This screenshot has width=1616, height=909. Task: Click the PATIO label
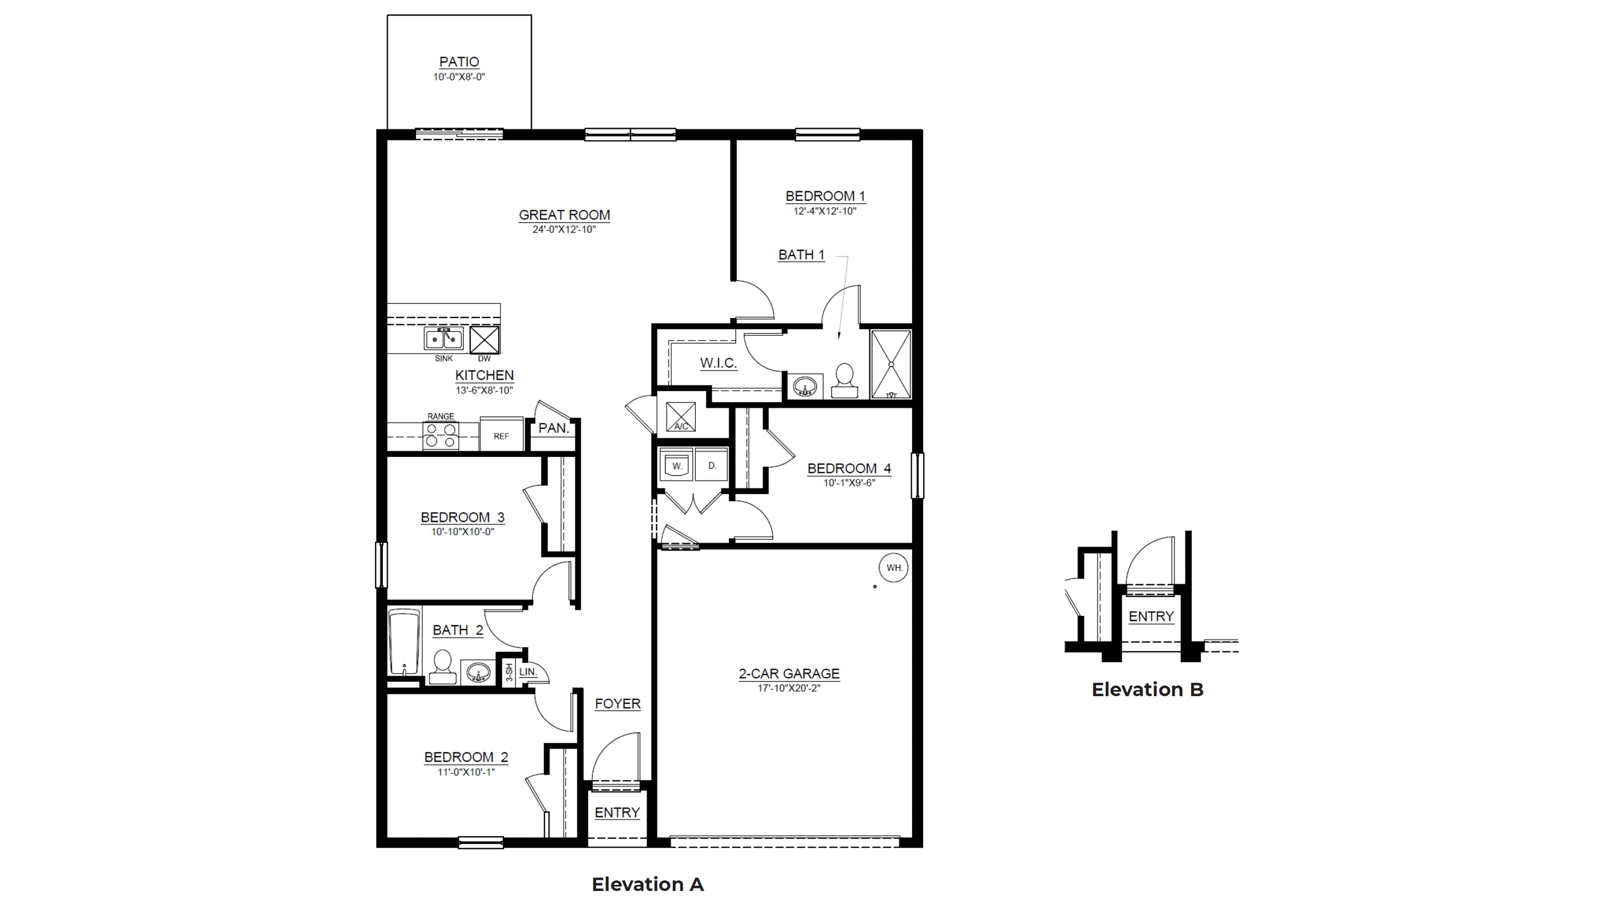click(459, 62)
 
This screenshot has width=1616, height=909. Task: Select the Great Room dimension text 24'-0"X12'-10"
click(564, 230)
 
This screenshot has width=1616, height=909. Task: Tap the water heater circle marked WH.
click(894, 568)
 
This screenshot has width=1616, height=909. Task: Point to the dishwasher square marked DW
click(484, 339)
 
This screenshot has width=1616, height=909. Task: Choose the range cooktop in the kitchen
click(441, 435)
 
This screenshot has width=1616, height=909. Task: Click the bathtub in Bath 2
click(404, 641)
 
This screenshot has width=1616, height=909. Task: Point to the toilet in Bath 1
click(845, 380)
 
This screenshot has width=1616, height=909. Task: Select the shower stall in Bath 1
click(891, 364)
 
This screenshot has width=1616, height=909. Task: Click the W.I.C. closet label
click(718, 363)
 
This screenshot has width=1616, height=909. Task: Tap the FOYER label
click(618, 704)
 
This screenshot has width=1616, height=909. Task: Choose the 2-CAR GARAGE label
click(788, 674)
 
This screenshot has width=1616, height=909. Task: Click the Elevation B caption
click(1147, 690)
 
